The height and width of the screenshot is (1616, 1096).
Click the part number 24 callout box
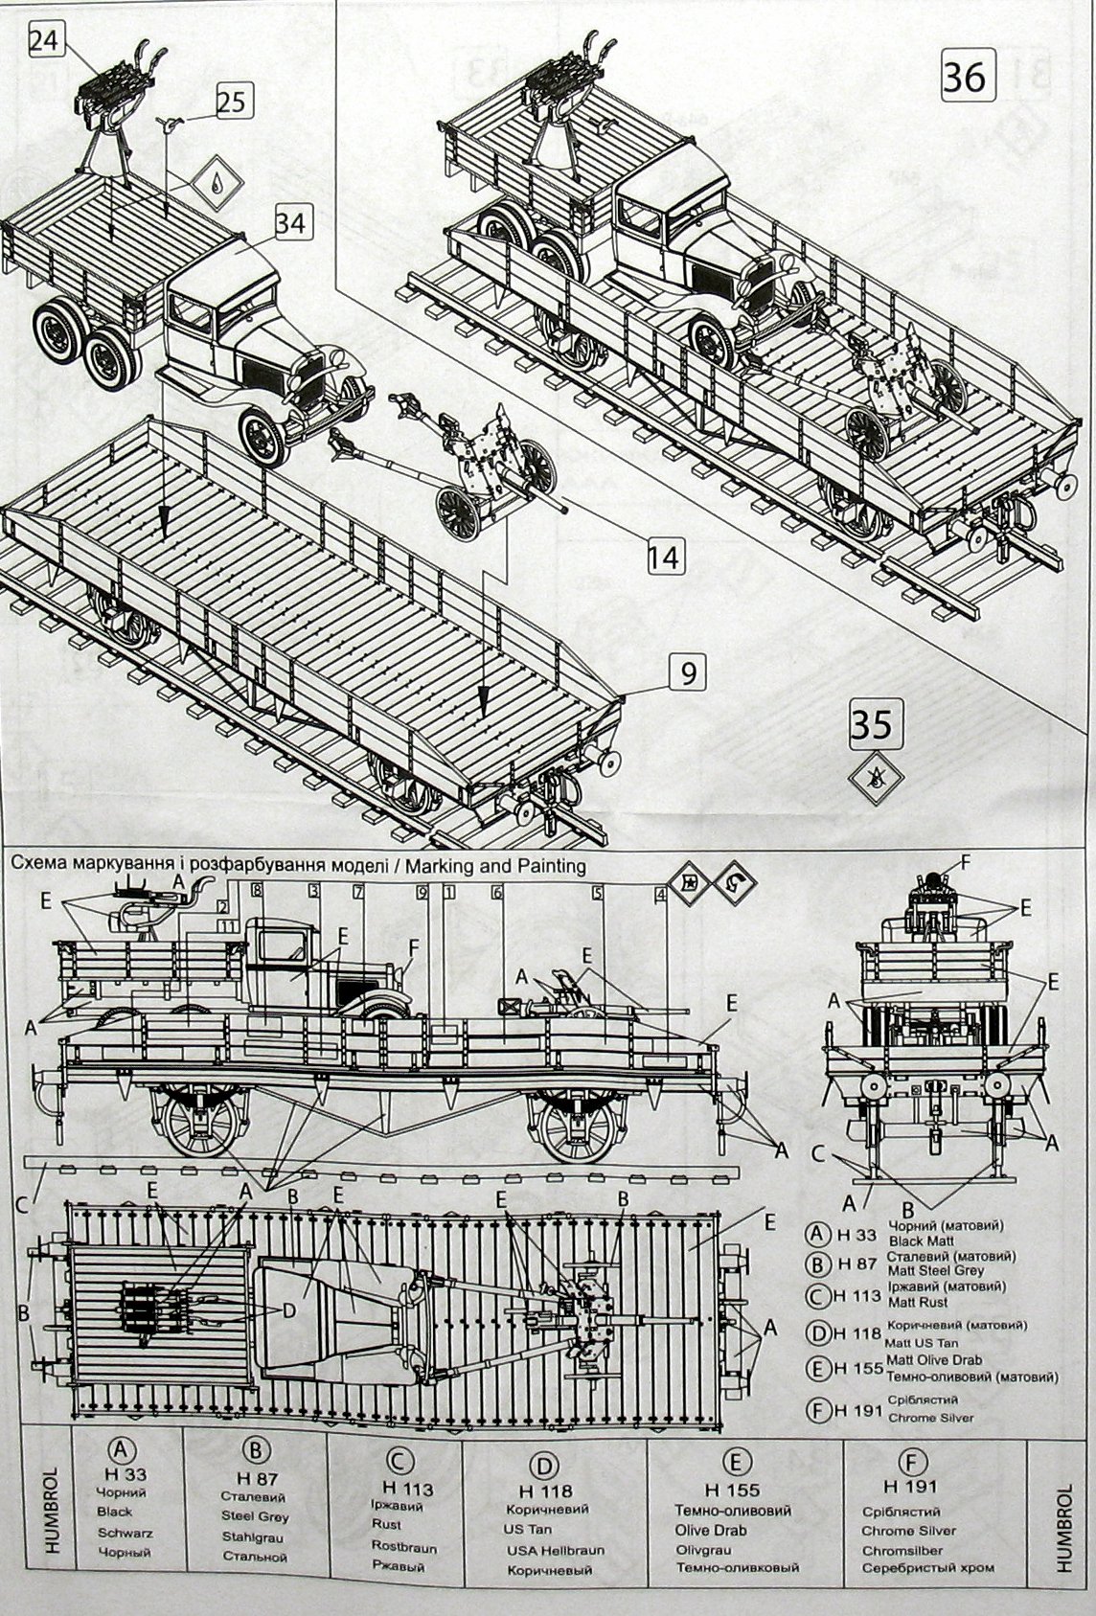point(44,40)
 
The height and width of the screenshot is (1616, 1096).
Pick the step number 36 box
point(964,76)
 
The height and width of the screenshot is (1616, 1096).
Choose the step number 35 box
point(872,724)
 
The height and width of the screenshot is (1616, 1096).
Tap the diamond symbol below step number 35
point(872,778)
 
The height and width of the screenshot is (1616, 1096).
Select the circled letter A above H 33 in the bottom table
point(121,1447)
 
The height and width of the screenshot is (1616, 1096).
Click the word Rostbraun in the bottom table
point(403,1547)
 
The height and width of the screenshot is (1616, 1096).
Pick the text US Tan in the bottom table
point(527,1530)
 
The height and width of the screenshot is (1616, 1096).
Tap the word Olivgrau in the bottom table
point(704,1549)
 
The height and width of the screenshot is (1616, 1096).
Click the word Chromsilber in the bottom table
point(902,1550)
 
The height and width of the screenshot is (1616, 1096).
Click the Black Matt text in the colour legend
point(917,1240)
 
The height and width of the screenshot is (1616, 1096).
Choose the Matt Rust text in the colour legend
point(917,1302)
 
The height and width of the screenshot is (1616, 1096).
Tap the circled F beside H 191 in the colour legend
point(816,1407)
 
